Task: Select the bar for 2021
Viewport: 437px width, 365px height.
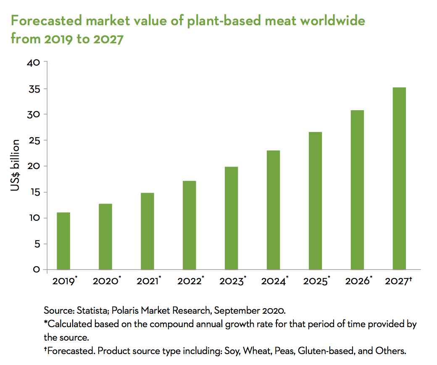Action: [147, 231]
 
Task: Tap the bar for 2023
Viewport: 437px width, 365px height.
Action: [232, 218]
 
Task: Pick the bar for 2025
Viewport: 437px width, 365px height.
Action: [315, 201]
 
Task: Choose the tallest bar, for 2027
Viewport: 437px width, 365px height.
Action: [399, 178]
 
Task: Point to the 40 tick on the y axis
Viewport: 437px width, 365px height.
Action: [34, 63]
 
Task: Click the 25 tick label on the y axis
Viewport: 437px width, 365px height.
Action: [34, 140]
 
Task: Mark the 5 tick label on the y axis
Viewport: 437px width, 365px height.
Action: [37, 243]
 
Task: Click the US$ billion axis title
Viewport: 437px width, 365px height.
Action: [15, 166]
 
